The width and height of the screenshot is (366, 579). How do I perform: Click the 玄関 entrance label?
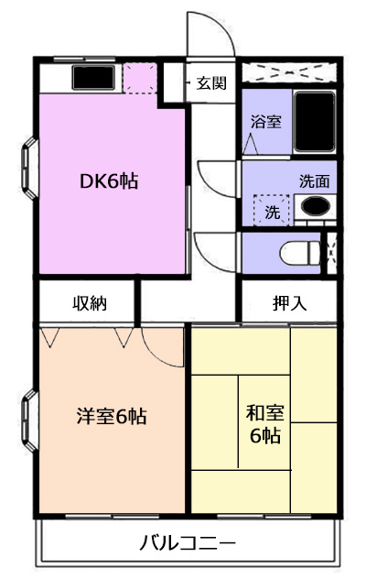coord(211,83)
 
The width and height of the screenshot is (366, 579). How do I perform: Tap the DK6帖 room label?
coord(109,181)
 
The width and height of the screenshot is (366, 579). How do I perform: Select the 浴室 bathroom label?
coord(266,122)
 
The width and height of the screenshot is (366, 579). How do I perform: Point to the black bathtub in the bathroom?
coord(315,122)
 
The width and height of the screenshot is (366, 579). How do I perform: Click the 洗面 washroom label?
coord(314,181)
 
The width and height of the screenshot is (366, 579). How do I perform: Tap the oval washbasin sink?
coord(315,206)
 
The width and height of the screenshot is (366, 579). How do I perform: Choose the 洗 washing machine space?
coord(273,210)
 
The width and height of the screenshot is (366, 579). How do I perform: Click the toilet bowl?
coord(300,253)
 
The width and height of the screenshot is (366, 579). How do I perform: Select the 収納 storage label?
coord(90,303)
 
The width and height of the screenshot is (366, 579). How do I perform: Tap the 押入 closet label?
coord(290,303)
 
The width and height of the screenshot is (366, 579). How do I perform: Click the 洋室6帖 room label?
coord(112,417)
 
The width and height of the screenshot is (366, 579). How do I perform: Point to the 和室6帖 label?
coord(265,424)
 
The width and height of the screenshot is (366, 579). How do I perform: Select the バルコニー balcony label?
coord(188,542)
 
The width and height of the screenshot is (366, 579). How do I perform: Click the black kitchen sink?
coord(93,78)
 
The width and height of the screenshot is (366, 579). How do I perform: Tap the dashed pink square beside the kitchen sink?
coord(139,78)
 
